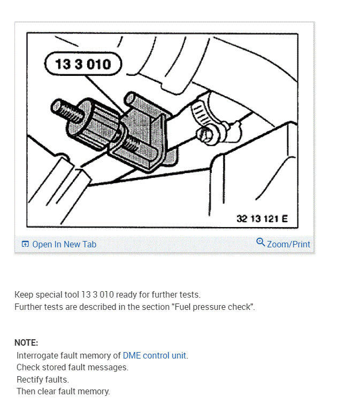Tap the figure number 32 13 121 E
[262, 219]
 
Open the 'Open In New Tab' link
[64, 244]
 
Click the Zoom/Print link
[288, 244]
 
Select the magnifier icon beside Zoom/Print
[261, 243]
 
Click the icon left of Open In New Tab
[25, 244]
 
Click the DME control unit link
[155, 355]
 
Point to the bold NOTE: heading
[26, 343]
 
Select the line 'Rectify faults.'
[43, 379]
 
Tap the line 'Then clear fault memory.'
[63, 391]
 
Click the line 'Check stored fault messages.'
[72, 368]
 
